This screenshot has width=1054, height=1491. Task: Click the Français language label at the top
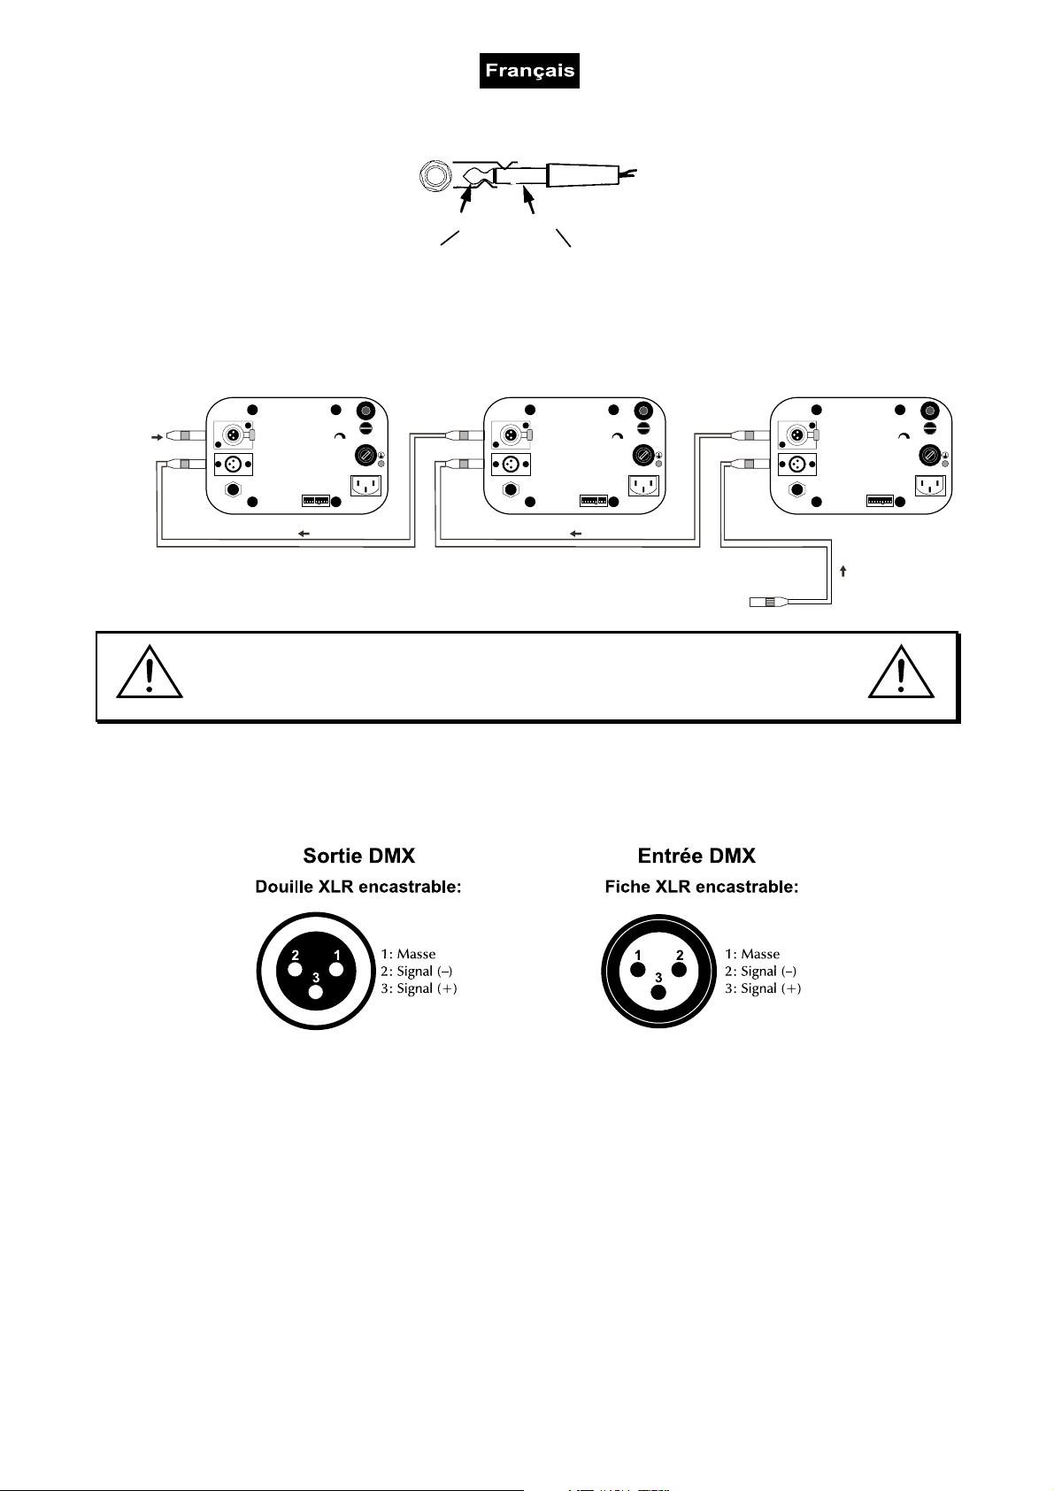[x=529, y=71]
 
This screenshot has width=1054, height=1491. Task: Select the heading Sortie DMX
[x=358, y=856]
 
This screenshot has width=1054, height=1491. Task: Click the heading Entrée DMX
[x=696, y=856]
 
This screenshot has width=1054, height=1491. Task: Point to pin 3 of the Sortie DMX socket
[x=316, y=990]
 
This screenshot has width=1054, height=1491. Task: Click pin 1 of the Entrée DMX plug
[x=638, y=968]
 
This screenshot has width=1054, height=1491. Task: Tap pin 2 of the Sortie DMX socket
[x=296, y=968]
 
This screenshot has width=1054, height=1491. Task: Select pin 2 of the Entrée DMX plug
[x=679, y=968]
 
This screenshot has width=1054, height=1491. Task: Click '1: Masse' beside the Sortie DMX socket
[x=408, y=954]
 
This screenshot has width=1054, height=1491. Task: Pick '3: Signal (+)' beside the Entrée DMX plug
[x=763, y=988]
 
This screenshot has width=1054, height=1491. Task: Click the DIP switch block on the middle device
[x=593, y=500]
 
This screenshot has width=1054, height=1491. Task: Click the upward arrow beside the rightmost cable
[x=843, y=572]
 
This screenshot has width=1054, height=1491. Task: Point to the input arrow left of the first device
[x=157, y=437]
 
